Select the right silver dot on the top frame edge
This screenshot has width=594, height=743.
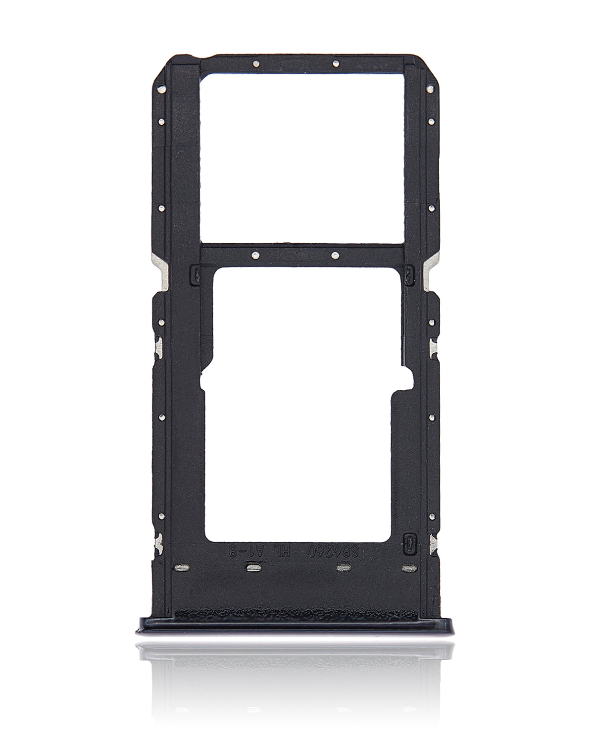(x=335, y=63)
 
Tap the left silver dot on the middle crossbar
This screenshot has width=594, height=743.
(x=253, y=255)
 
